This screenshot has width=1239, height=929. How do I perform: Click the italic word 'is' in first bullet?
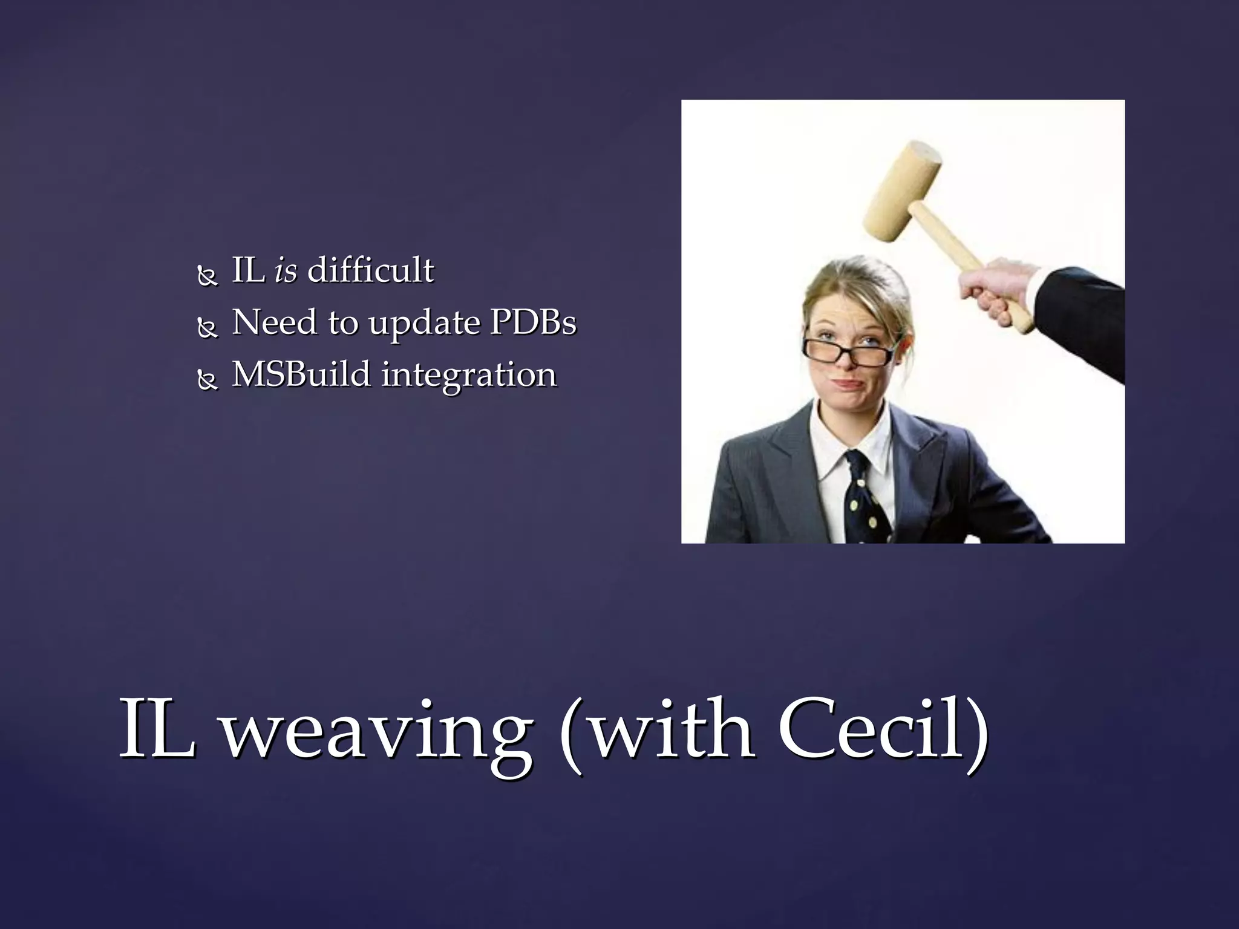(286, 270)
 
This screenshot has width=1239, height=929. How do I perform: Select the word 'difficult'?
(370, 270)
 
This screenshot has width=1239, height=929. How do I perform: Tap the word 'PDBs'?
(532, 322)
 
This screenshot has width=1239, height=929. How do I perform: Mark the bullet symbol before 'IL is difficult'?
(208, 276)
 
